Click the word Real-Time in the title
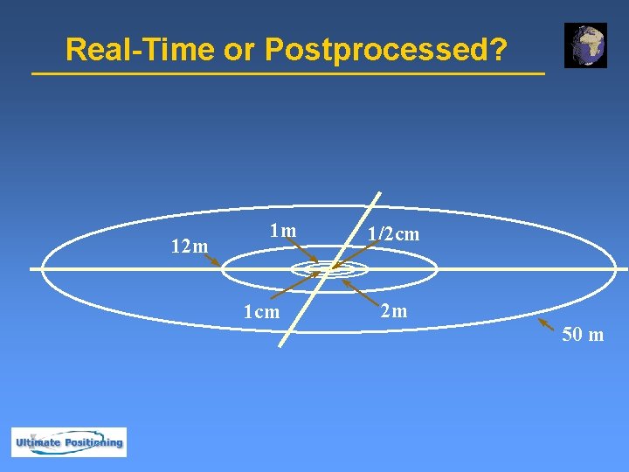[141, 50]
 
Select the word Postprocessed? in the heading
[385, 50]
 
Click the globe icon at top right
[585, 45]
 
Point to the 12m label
[190, 246]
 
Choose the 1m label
[283, 231]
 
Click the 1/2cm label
[393, 234]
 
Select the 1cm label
[262, 312]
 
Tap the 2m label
[393, 310]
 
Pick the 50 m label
[583, 334]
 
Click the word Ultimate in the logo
[37, 442]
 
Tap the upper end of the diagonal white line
[380, 193]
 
